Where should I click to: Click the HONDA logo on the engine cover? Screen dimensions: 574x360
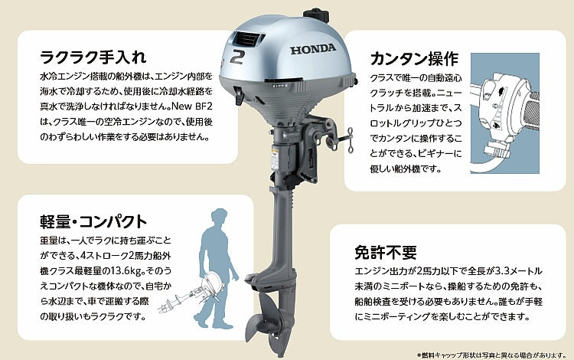coord(313,49)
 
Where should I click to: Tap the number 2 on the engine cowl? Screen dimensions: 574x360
coord(237,57)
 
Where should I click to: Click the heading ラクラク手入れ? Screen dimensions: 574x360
coord(93,57)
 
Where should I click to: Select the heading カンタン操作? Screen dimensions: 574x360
coord(414,59)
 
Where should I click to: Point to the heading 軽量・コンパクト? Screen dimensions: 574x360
coord(93,221)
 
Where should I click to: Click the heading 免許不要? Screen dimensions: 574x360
coord(386,252)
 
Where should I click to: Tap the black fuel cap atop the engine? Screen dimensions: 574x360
coord(316,15)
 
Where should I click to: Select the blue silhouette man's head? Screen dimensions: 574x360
coord(220,218)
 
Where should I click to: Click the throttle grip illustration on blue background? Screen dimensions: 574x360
coord(505,113)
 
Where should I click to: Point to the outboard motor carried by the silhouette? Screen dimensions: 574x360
coord(191,293)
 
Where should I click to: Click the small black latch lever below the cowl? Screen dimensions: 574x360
coord(240,96)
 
